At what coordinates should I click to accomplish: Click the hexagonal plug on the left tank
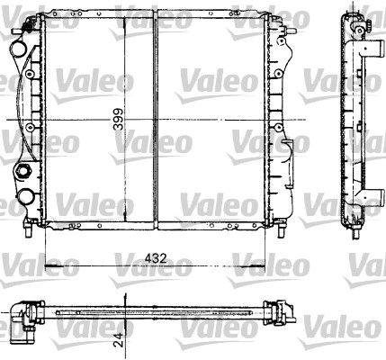tap(22, 170)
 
